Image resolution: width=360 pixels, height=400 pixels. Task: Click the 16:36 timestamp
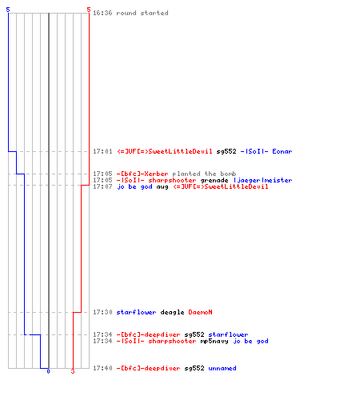click(x=102, y=13)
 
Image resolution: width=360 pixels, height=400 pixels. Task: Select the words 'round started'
click(x=142, y=13)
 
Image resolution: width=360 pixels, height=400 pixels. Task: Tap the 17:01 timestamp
click(x=102, y=151)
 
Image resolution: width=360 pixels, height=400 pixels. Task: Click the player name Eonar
click(x=282, y=151)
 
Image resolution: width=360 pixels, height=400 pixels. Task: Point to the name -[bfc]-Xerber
click(x=142, y=174)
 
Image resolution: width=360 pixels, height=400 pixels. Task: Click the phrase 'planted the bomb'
click(x=204, y=174)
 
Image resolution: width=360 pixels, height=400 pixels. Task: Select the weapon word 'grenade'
click(x=214, y=180)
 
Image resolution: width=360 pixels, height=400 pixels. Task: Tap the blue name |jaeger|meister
click(x=262, y=180)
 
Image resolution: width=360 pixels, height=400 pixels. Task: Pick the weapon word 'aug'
click(x=162, y=186)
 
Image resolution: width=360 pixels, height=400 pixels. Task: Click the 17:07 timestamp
click(x=102, y=186)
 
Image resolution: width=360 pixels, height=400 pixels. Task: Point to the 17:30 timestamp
click(x=102, y=312)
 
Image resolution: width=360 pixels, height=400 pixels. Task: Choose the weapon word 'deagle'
click(x=172, y=312)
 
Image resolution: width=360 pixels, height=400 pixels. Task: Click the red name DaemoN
click(x=200, y=312)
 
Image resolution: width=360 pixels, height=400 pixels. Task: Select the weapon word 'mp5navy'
click(x=214, y=341)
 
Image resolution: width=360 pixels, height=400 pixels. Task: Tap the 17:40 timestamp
click(x=102, y=368)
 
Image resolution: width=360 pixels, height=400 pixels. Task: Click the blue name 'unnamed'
click(x=222, y=368)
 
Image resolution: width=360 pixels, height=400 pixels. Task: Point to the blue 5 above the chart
click(x=8, y=10)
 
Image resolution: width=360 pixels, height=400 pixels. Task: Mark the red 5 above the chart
click(x=89, y=10)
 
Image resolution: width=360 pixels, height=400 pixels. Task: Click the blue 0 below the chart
click(x=48, y=371)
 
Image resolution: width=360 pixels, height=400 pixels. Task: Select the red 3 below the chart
click(x=73, y=371)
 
